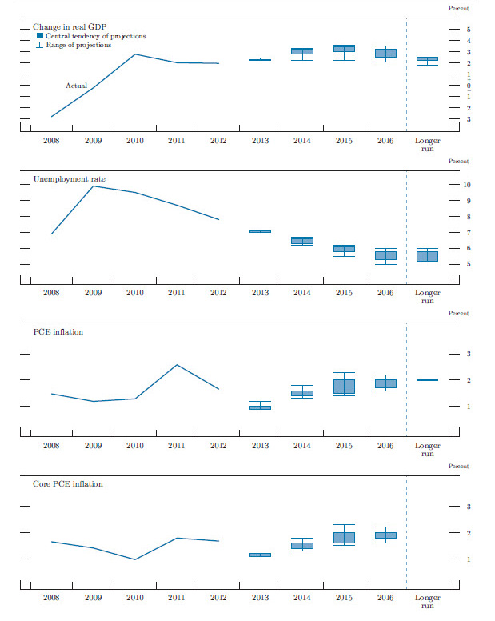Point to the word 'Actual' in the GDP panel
click(x=76, y=86)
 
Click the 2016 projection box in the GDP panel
click(x=385, y=53)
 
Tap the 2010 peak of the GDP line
click(x=134, y=54)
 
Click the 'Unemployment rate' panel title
click(x=69, y=179)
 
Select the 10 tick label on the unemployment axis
click(x=467, y=185)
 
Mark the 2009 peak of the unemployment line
click(x=94, y=186)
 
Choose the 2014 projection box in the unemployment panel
click(x=301, y=241)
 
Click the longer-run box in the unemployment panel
click(x=427, y=256)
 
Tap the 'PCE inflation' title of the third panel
click(x=58, y=331)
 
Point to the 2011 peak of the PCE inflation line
click(x=177, y=365)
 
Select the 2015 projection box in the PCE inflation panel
click(x=344, y=386)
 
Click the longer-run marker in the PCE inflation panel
click(x=427, y=380)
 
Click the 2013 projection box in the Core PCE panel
click(x=260, y=555)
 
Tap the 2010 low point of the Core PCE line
click(x=134, y=559)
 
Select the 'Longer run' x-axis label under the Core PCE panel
click(x=428, y=602)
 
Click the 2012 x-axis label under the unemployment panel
click(x=218, y=293)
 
